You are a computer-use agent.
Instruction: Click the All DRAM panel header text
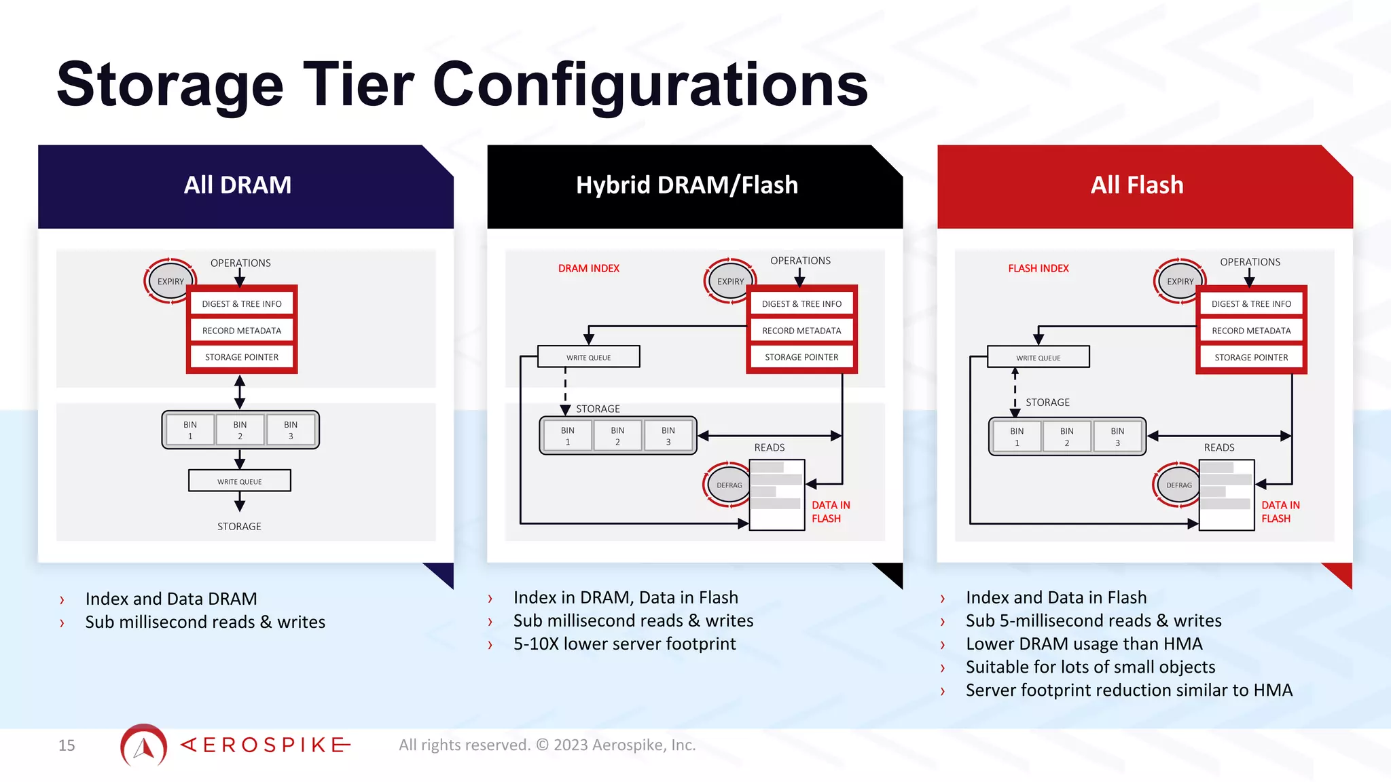[237, 185]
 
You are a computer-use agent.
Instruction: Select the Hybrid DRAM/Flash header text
[687, 185]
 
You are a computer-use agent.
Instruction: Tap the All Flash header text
[1136, 185]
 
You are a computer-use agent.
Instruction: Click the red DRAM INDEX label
[588, 268]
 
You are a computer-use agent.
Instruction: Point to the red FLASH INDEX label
[1038, 268]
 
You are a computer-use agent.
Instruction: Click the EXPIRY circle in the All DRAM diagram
[170, 281]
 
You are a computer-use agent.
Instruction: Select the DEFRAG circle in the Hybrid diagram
[729, 485]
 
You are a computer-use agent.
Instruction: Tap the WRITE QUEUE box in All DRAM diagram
[239, 481]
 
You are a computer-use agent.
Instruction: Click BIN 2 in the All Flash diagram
[1066, 436]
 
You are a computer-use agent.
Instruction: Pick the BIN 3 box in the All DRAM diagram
[291, 430]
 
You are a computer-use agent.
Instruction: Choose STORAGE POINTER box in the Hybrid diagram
[801, 357]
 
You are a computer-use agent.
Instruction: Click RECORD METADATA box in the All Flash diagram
[1251, 331]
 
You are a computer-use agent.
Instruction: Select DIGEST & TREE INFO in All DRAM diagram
[241, 303]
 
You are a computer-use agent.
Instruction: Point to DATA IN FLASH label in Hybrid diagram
[830, 511]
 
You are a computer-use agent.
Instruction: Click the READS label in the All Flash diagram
[1218, 447]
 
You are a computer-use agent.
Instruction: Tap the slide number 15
[67, 745]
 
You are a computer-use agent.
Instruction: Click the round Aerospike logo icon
[143, 745]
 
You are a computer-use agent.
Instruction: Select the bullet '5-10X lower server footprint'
[624, 644]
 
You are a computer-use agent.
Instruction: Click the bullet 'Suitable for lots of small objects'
[1090, 667]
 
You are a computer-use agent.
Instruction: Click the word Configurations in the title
[650, 85]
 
